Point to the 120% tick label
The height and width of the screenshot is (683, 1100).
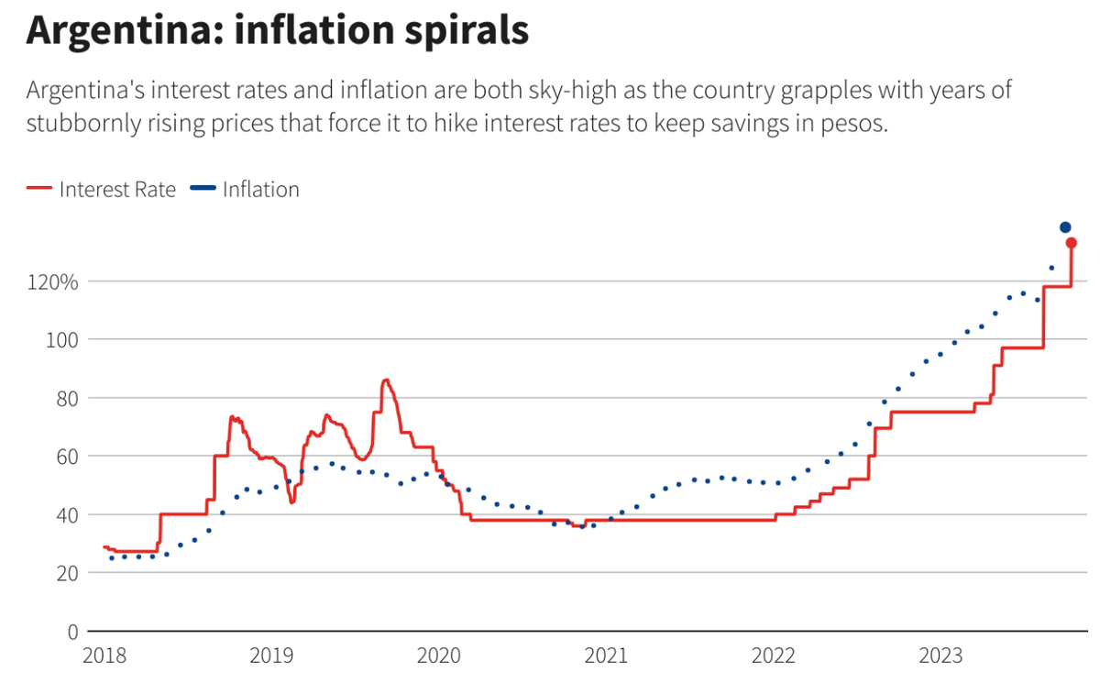pos(53,281)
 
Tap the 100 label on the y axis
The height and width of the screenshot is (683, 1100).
pos(62,340)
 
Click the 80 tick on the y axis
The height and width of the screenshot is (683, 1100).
pos(66,398)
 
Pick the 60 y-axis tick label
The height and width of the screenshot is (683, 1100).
pos(66,457)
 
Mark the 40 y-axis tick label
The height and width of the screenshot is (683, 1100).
pos(66,514)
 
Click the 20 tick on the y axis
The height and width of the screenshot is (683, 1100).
pos(66,573)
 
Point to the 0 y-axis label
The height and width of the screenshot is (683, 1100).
pos(71,632)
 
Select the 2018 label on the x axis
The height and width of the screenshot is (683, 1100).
pos(104,655)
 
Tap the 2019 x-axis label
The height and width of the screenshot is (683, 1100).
pos(271,655)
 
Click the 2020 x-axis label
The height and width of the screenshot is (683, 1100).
pos(439,655)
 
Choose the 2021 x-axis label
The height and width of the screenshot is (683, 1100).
pos(606,655)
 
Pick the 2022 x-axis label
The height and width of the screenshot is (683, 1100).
pos(774,655)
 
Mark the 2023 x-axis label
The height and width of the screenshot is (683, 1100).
pos(941,655)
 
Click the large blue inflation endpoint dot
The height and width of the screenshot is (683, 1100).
pos(1065,227)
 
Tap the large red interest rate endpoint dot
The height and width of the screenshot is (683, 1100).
pos(1071,243)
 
